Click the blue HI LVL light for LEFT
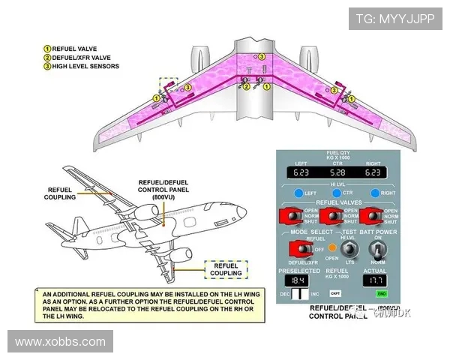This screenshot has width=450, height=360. [x=298, y=193]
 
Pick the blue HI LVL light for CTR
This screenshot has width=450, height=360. [x=335, y=193]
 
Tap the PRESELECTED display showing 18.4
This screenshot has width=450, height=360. [x=298, y=279]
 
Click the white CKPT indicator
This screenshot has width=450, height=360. [x=335, y=293]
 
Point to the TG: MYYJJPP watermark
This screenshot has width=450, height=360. [x=394, y=19]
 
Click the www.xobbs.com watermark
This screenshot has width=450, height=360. [x=60, y=342]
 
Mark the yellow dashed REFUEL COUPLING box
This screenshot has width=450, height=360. [x=226, y=269]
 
